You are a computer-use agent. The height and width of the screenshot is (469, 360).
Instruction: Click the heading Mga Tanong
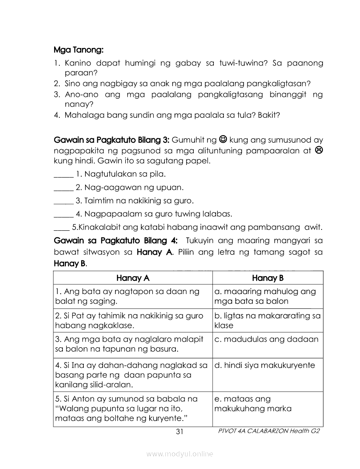pyautogui.click(x=78, y=50)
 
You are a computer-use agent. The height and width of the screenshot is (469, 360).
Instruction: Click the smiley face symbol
pyautogui.click(x=223, y=140)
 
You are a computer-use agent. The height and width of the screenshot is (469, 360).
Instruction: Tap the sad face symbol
pyautogui.click(x=319, y=151)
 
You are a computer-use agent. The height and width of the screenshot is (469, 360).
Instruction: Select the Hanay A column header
pyautogui.click(x=133, y=278)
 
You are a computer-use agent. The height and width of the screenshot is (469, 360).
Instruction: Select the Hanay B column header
pyautogui.click(x=267, y=278)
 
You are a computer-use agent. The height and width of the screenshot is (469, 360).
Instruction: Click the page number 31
pyautogui.click(x=179, y=432)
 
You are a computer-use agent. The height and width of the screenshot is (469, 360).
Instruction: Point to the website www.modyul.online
pyautogui.click(x=180, y=454)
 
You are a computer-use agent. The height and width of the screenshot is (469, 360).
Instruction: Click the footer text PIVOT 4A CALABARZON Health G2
pyautogui.click(x=269, y=431)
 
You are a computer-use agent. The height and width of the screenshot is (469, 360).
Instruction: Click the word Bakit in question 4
pyautogui.click(x=269, y=116)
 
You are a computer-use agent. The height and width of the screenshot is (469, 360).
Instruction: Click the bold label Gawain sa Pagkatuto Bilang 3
pyautogui.click(x=111, y=140)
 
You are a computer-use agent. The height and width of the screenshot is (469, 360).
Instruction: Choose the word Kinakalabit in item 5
pyautogui.click(x=97, y=227)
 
